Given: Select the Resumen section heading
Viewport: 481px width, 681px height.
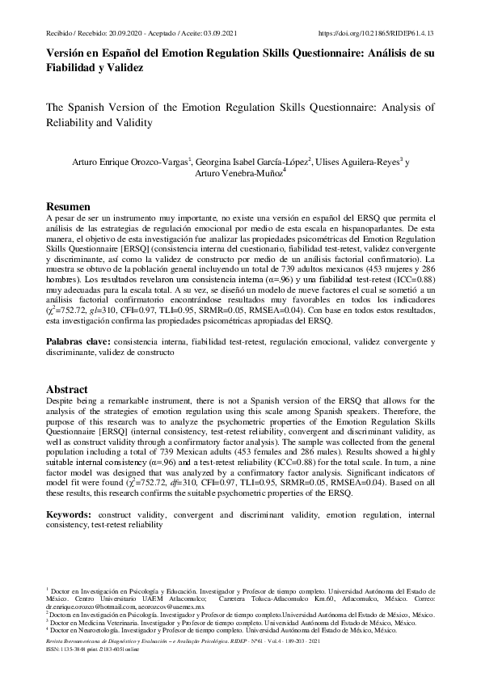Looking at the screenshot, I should coord(68,207).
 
